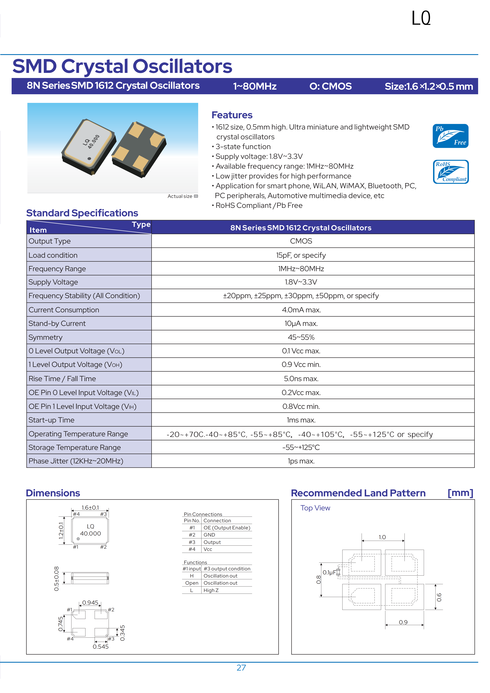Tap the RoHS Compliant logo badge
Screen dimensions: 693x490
point(450,172)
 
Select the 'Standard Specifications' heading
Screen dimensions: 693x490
point(82,213)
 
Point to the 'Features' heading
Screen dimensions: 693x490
point(232,115)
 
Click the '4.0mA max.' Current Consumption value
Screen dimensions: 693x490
point(301,310)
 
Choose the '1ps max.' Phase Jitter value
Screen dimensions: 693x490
point(301,461)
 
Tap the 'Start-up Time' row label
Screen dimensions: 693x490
point(51,420)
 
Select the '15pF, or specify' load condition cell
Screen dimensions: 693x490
point(301,255)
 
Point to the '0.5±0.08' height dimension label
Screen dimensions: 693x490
point(57,578)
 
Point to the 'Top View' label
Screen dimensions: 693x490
point(315,508)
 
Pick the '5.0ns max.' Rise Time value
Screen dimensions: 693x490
point(301,379)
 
